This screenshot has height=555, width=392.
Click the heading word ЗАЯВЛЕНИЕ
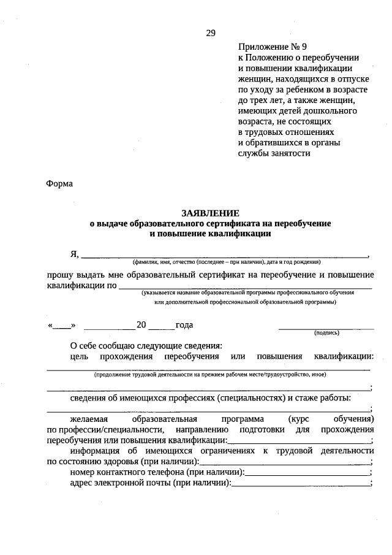pos(210,213)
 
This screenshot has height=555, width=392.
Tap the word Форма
pos(59,183)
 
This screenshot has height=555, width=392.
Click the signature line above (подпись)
pos(326,328)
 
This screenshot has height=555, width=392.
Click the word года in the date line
pos(184,325)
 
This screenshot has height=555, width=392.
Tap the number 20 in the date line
pos(141,325)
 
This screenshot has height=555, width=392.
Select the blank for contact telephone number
pos(307,473)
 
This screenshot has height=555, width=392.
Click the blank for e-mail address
pos(301,484)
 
